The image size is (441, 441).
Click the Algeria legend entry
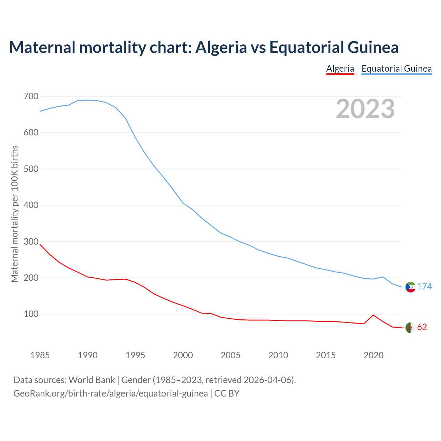tap(340, 69)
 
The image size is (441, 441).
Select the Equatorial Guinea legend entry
tap(396, 69)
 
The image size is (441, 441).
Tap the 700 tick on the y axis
tap(31, 96)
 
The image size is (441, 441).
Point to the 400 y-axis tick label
tap(31, 205)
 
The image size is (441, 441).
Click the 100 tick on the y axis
tap(31, 314)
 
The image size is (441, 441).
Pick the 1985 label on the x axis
tap(40, 355)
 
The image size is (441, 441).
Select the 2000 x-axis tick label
tap(183, 355)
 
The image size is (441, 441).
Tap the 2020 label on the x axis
tap(373, 355)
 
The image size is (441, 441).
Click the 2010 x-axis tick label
tap(278, 355)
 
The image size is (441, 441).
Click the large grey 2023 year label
tap(365, 109)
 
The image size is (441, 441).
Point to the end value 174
tap(424, 287)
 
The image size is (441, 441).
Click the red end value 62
tap(422, 327)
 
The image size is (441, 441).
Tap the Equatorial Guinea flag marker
tap(410, 287)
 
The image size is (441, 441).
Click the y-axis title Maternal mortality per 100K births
tap(14, 214)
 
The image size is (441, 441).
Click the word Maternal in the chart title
tap(42, 47)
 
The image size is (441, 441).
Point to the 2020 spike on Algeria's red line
tap(373, 315)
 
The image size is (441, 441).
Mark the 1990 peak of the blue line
tap(88, 100)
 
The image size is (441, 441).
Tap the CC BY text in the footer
tap(227, 393)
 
